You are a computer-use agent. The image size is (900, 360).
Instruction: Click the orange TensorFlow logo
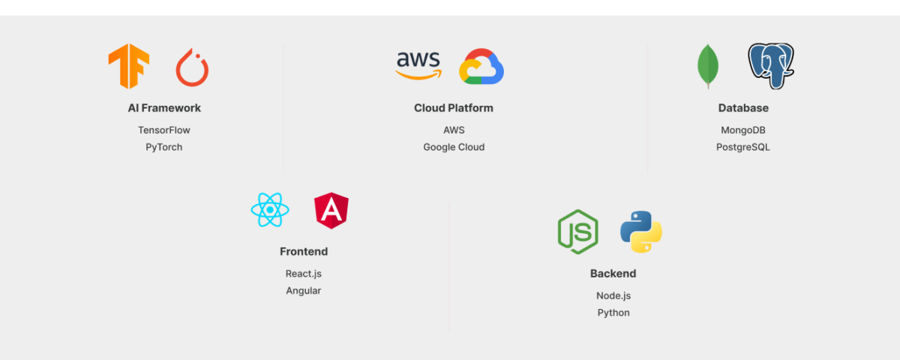(x=128, y=67)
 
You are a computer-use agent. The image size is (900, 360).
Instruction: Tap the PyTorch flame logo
(x=192, y=67)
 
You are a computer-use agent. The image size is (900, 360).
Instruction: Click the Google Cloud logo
(x=481, y=67)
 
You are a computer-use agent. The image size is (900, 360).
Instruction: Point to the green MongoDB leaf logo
(x=707, y=67)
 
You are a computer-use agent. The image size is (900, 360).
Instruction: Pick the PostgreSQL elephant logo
(x=771, y=66)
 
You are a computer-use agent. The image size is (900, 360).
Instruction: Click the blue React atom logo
(x=270, y=210)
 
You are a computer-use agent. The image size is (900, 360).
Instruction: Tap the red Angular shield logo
(x=331, y=211)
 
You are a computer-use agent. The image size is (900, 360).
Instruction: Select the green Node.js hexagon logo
(x=577, y=232)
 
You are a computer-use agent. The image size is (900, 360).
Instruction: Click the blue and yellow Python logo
(x=641, y=232)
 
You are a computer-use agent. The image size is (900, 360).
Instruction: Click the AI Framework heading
(x=164, y=108)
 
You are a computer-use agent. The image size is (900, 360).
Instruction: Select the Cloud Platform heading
(x=454, y=108)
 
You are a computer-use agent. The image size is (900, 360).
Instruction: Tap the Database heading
(x=743, y=108)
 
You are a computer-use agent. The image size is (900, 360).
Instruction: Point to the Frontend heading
(x=304, y=252)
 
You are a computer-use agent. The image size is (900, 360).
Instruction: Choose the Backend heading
(x=613, y=274)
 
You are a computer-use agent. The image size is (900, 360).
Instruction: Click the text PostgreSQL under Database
(x=743, y=147)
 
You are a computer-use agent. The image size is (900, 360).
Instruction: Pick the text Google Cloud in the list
(x=454, y=147)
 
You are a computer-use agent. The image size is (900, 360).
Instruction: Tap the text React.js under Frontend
(x=304, y=274)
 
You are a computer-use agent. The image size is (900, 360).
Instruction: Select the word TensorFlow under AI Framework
(x=164, y=130)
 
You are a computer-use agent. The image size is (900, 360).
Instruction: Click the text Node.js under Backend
(x=613, y=295)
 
